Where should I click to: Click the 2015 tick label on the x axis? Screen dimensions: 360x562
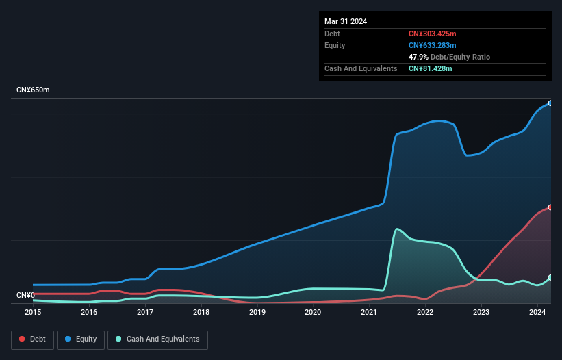33,312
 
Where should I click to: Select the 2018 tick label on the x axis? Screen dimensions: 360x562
201,312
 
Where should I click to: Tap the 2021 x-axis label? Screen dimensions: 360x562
369,312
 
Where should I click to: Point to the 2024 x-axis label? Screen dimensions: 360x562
537,312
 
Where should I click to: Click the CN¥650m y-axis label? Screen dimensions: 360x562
33,90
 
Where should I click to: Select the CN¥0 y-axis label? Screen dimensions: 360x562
26,295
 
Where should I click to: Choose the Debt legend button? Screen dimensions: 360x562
31,339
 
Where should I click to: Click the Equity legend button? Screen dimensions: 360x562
81,339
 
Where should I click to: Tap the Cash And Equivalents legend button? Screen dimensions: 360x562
157,339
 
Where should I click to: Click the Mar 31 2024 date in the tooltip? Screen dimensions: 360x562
346,21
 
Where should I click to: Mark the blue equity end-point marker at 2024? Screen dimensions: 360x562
550,103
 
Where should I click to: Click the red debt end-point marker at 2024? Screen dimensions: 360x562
550,207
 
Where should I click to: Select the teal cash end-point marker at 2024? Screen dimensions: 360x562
550,277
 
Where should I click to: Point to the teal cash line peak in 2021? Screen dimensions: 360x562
397,229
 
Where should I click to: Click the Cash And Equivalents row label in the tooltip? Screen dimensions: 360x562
361,68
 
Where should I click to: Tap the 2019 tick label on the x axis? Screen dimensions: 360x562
257,312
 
